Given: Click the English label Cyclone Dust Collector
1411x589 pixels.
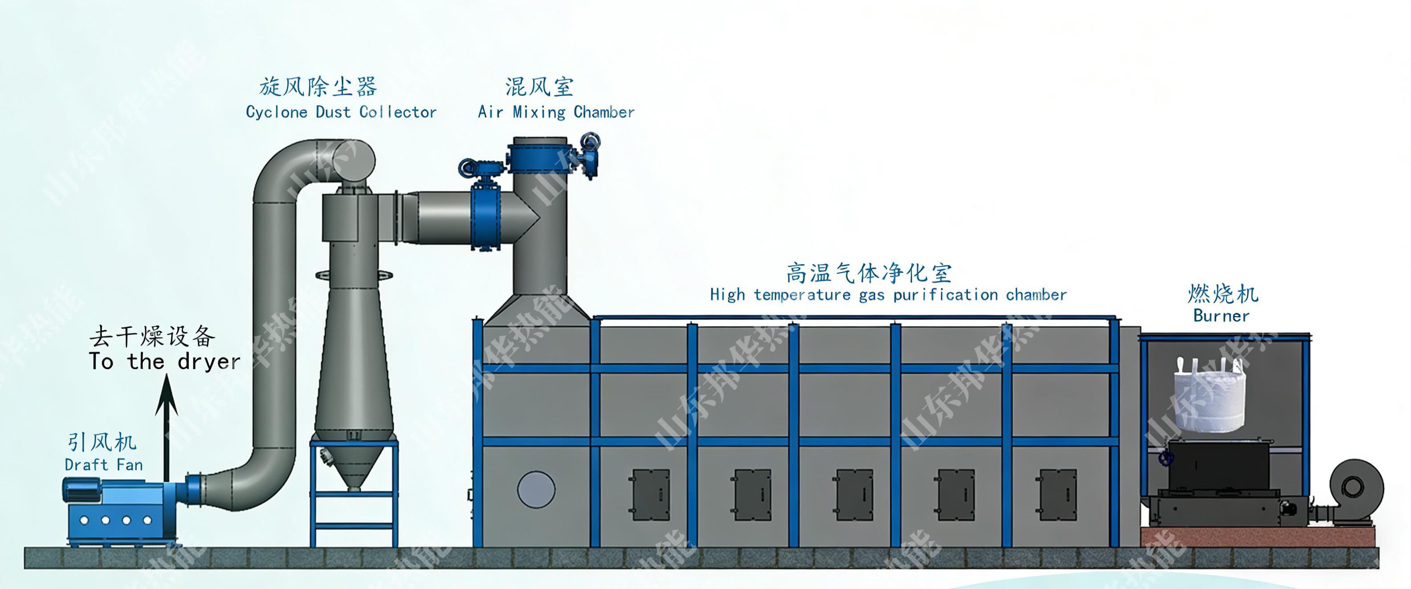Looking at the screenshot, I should pyautogui.click(x=341, y=112).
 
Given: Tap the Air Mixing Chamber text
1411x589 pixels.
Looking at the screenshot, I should pyautogui.click(x=556, y=112).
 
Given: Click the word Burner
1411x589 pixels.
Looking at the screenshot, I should pyautogui.click(x=1221, y=316).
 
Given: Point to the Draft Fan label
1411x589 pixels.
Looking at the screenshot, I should pyautogui.click(x=103, y=465).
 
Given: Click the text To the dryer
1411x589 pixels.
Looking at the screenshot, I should pyautogui.click(x=164, y=362).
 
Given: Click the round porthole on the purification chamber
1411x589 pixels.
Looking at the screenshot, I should pyautogui.click(x=536, y=489).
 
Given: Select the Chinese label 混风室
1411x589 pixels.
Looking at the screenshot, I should pyautogui.click(x=539, y=86).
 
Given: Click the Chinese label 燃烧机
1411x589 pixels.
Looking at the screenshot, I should pyautogui.click(x=1223, y=294).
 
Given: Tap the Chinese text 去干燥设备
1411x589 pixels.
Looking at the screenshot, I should pyautogui.click(x=152, y=336).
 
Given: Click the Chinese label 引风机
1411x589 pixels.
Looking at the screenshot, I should pyautogui.click(x=102, y=442).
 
